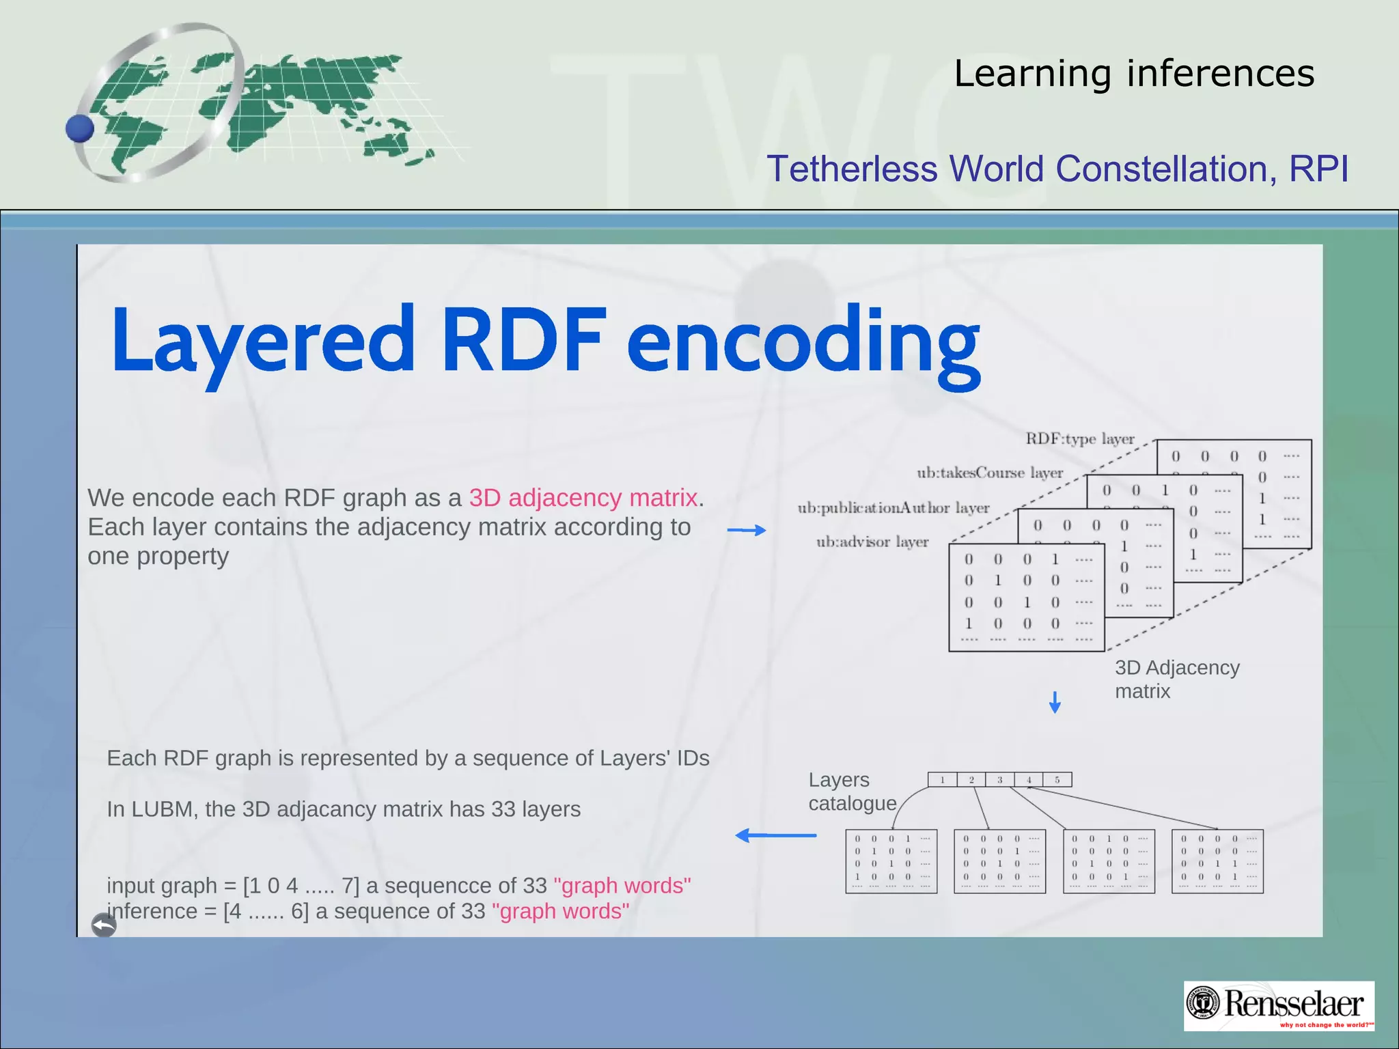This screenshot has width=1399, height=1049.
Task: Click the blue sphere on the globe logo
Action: pyautogui.click(x=80, y=128)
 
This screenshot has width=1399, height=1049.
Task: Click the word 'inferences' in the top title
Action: pyautogui.click(x=1220, y=73)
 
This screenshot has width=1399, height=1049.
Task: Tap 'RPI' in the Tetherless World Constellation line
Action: pyautogui.click(x=1318, y=169)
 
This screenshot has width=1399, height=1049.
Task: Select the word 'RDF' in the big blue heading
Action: pyautogui.click(x=523, y=339)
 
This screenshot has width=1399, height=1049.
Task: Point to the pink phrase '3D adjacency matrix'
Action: pyautogui.click(x=583, y=498)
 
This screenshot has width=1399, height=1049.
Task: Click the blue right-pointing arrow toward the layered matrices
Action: pyautogui.click(x=746, y=530)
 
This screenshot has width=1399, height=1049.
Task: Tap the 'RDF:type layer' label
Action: pyautogui.click(x=1079, y=438)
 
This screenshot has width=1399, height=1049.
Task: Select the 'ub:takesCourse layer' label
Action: pyautogui.click(x=989, y=473)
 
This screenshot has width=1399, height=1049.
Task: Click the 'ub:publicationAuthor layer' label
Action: pyautogui.click(x=893, y=507)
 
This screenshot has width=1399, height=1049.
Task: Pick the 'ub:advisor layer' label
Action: pyautogui.click(x=872, y=542)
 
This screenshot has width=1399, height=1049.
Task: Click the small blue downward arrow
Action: pyautogui.click(x=1055, y=702)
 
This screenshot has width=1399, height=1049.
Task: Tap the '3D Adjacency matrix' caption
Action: pyautogui.click(x=1176, y=679)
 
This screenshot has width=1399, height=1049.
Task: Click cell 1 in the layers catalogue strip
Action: pyautogui.click(x=942, y=780)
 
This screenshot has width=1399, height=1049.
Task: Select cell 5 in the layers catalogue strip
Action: pyautogui.click(x=1057, y=780)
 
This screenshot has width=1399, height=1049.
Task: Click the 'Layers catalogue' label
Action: pyautogui.click(x=852, y=792)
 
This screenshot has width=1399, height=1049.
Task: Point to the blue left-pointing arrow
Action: pyautogui.click(x=775, y=835)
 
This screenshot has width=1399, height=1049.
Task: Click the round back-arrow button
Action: pyautogui.click(x=104, y=925)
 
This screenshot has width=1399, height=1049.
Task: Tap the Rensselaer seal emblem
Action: pyautogui.click(x=1203, y=1004)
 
